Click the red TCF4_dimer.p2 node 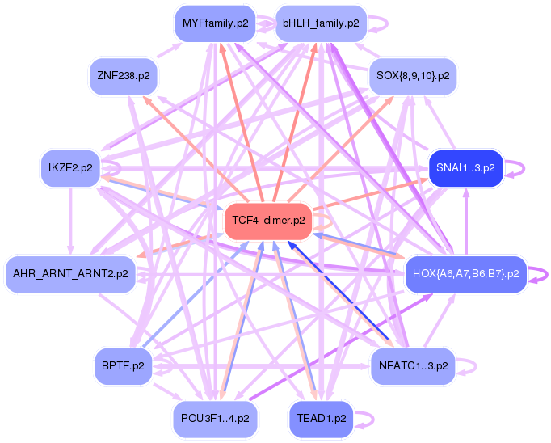(x=268, y=220)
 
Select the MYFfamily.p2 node (x=215, y=23)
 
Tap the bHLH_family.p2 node (x=321, y=23)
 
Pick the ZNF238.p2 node (x=124, y=76)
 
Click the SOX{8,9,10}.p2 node (x=412, y=76)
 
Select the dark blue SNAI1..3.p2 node (x=465, y=168)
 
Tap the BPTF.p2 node (x=124, y=365)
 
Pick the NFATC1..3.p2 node (x=412, y=365)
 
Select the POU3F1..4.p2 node (x=216, y=419)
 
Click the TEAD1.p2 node (x=321, y=419)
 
